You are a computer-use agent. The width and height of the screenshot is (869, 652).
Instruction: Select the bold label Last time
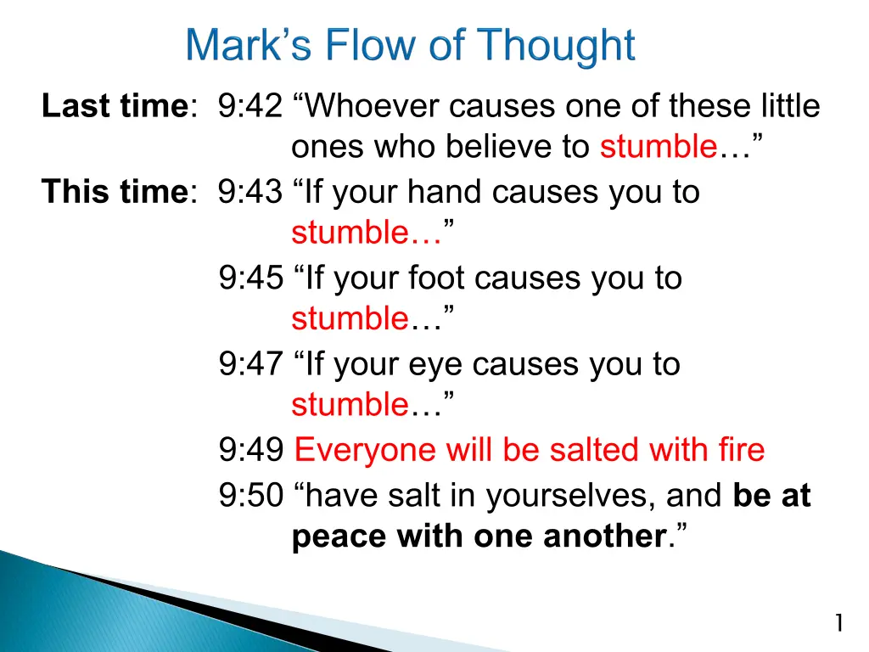click(x=115, y=105)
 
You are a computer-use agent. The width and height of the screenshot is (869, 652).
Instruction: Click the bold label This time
click(x=115, y=191)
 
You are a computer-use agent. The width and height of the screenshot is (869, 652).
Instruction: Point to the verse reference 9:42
click(x=250, y=105)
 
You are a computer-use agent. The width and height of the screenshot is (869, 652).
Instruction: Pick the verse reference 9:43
click(x=250, y=191)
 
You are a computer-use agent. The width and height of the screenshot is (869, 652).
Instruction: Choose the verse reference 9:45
click(x=250, y=278)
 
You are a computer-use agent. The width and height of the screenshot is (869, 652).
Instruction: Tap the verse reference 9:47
click(x=250, y=363)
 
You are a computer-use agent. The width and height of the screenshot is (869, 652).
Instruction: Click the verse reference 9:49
click(x=250, y=449)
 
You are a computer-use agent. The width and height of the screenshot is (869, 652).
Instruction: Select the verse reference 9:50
click(x=250, y=495)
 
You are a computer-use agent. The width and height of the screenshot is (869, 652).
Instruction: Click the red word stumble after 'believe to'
click(x=659, y=146)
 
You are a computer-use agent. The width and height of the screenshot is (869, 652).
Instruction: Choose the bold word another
click(x=605, y=536)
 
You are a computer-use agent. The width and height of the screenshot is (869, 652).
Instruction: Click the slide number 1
click(x=839, y=622)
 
